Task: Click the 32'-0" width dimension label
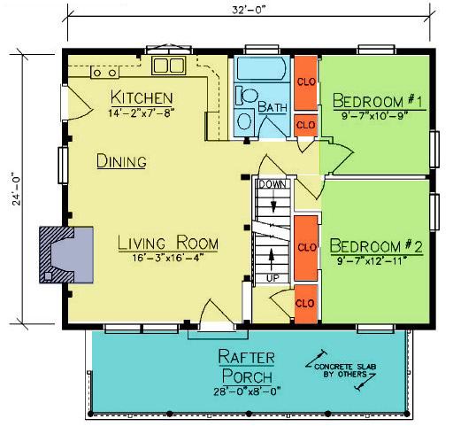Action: tap(249, 10)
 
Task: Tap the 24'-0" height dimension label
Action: tap(17, 189)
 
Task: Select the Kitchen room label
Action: tap(142, 97)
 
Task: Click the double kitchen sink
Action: tap(169, 66)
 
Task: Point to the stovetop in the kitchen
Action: tap(104, 72)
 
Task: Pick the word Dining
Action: tap(121, 161)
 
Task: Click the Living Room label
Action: tap(168, 243)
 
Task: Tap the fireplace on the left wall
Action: tap(66, 255)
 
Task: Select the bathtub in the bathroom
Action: tap(261, 69)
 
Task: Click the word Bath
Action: tap(273, 106)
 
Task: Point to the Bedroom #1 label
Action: tap(378, 101)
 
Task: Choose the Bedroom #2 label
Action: tap(376, 246)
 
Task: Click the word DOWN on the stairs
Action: tap(273, 185)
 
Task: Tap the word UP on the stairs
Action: tap(273, 278)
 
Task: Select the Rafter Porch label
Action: tap(247, 366)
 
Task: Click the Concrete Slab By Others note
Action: tap(345, 370)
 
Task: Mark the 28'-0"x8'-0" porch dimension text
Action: tap(247, 391)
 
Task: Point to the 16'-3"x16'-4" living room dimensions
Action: tap(168, 258)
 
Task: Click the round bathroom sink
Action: tap(245, 121)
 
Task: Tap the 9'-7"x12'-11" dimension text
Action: tap(372, 260)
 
